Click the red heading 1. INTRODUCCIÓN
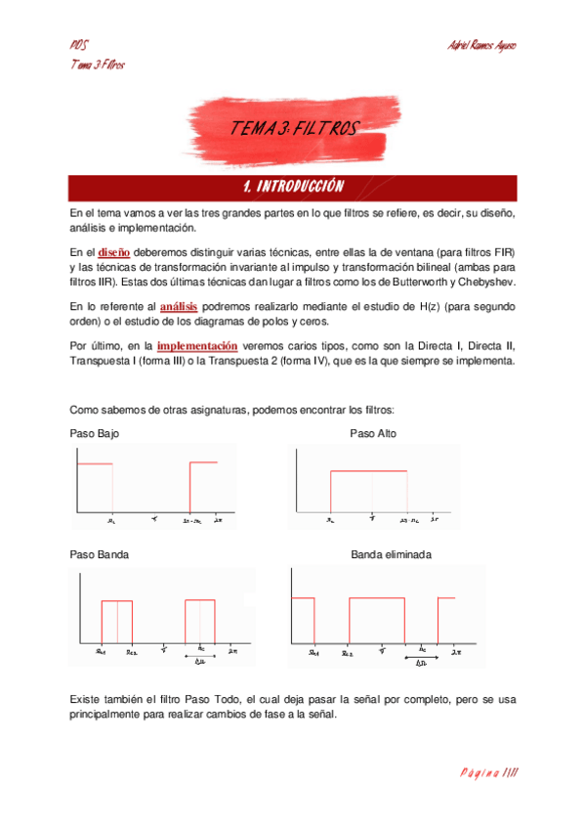293,186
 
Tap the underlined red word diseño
114,252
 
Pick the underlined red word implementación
196,345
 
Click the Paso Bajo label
96,433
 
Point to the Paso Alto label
373,433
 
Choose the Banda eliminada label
391,554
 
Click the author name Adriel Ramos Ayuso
481,45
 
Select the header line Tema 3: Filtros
98,65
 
